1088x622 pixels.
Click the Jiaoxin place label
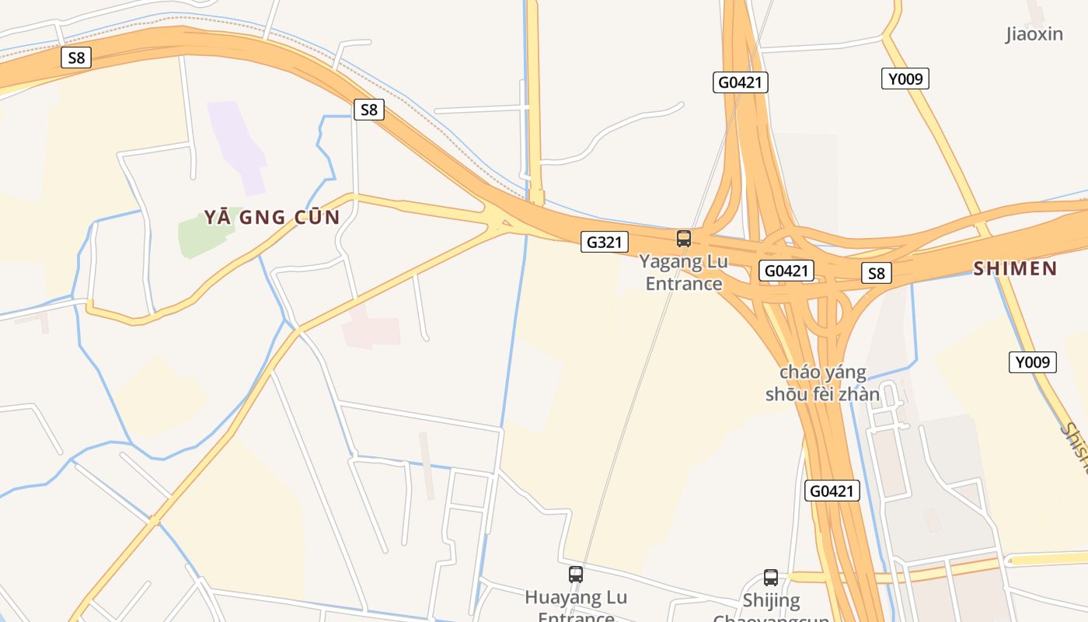pos(1034,34)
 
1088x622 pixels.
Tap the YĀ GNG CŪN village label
pos(272,217)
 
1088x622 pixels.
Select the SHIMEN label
pos(1015,269)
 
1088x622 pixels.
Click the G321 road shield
pos(604,242)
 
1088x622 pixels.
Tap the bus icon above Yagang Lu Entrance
pos(684,239)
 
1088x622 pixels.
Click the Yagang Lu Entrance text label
pos(684,272)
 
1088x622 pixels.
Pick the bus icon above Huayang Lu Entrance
pos(576,575)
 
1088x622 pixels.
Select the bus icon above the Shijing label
pos(771,578)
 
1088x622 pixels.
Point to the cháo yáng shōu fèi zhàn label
pos(822,383)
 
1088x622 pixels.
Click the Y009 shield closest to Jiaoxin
pos(905,79)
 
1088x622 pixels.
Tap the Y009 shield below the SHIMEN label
pos(1033,362)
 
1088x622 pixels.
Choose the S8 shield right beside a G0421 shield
pos(876,273)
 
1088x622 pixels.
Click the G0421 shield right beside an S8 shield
pos(786,271)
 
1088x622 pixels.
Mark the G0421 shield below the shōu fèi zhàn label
pos(832,491)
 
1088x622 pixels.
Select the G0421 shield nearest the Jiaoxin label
pos(740,82)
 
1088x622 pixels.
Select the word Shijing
pos(771,600)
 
